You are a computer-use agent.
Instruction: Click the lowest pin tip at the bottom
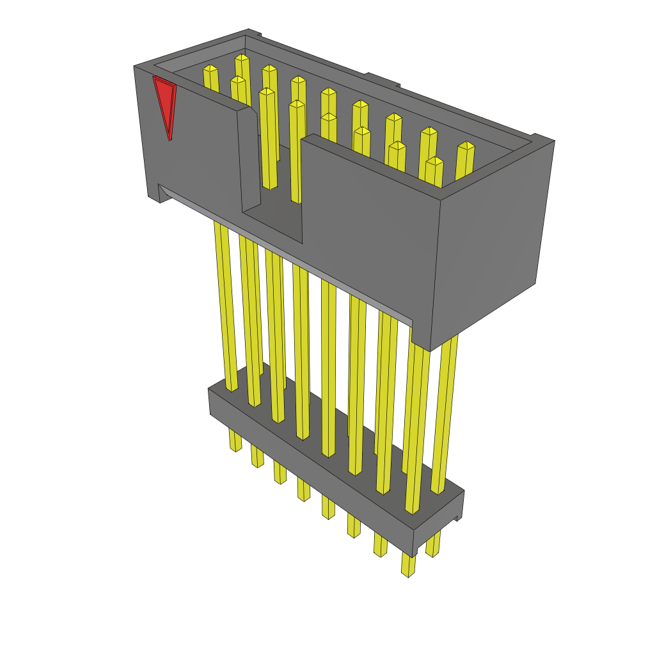point(407,565)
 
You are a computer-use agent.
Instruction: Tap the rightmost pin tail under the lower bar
point(433,544)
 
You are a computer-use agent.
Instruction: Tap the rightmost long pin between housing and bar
point(444,416)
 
